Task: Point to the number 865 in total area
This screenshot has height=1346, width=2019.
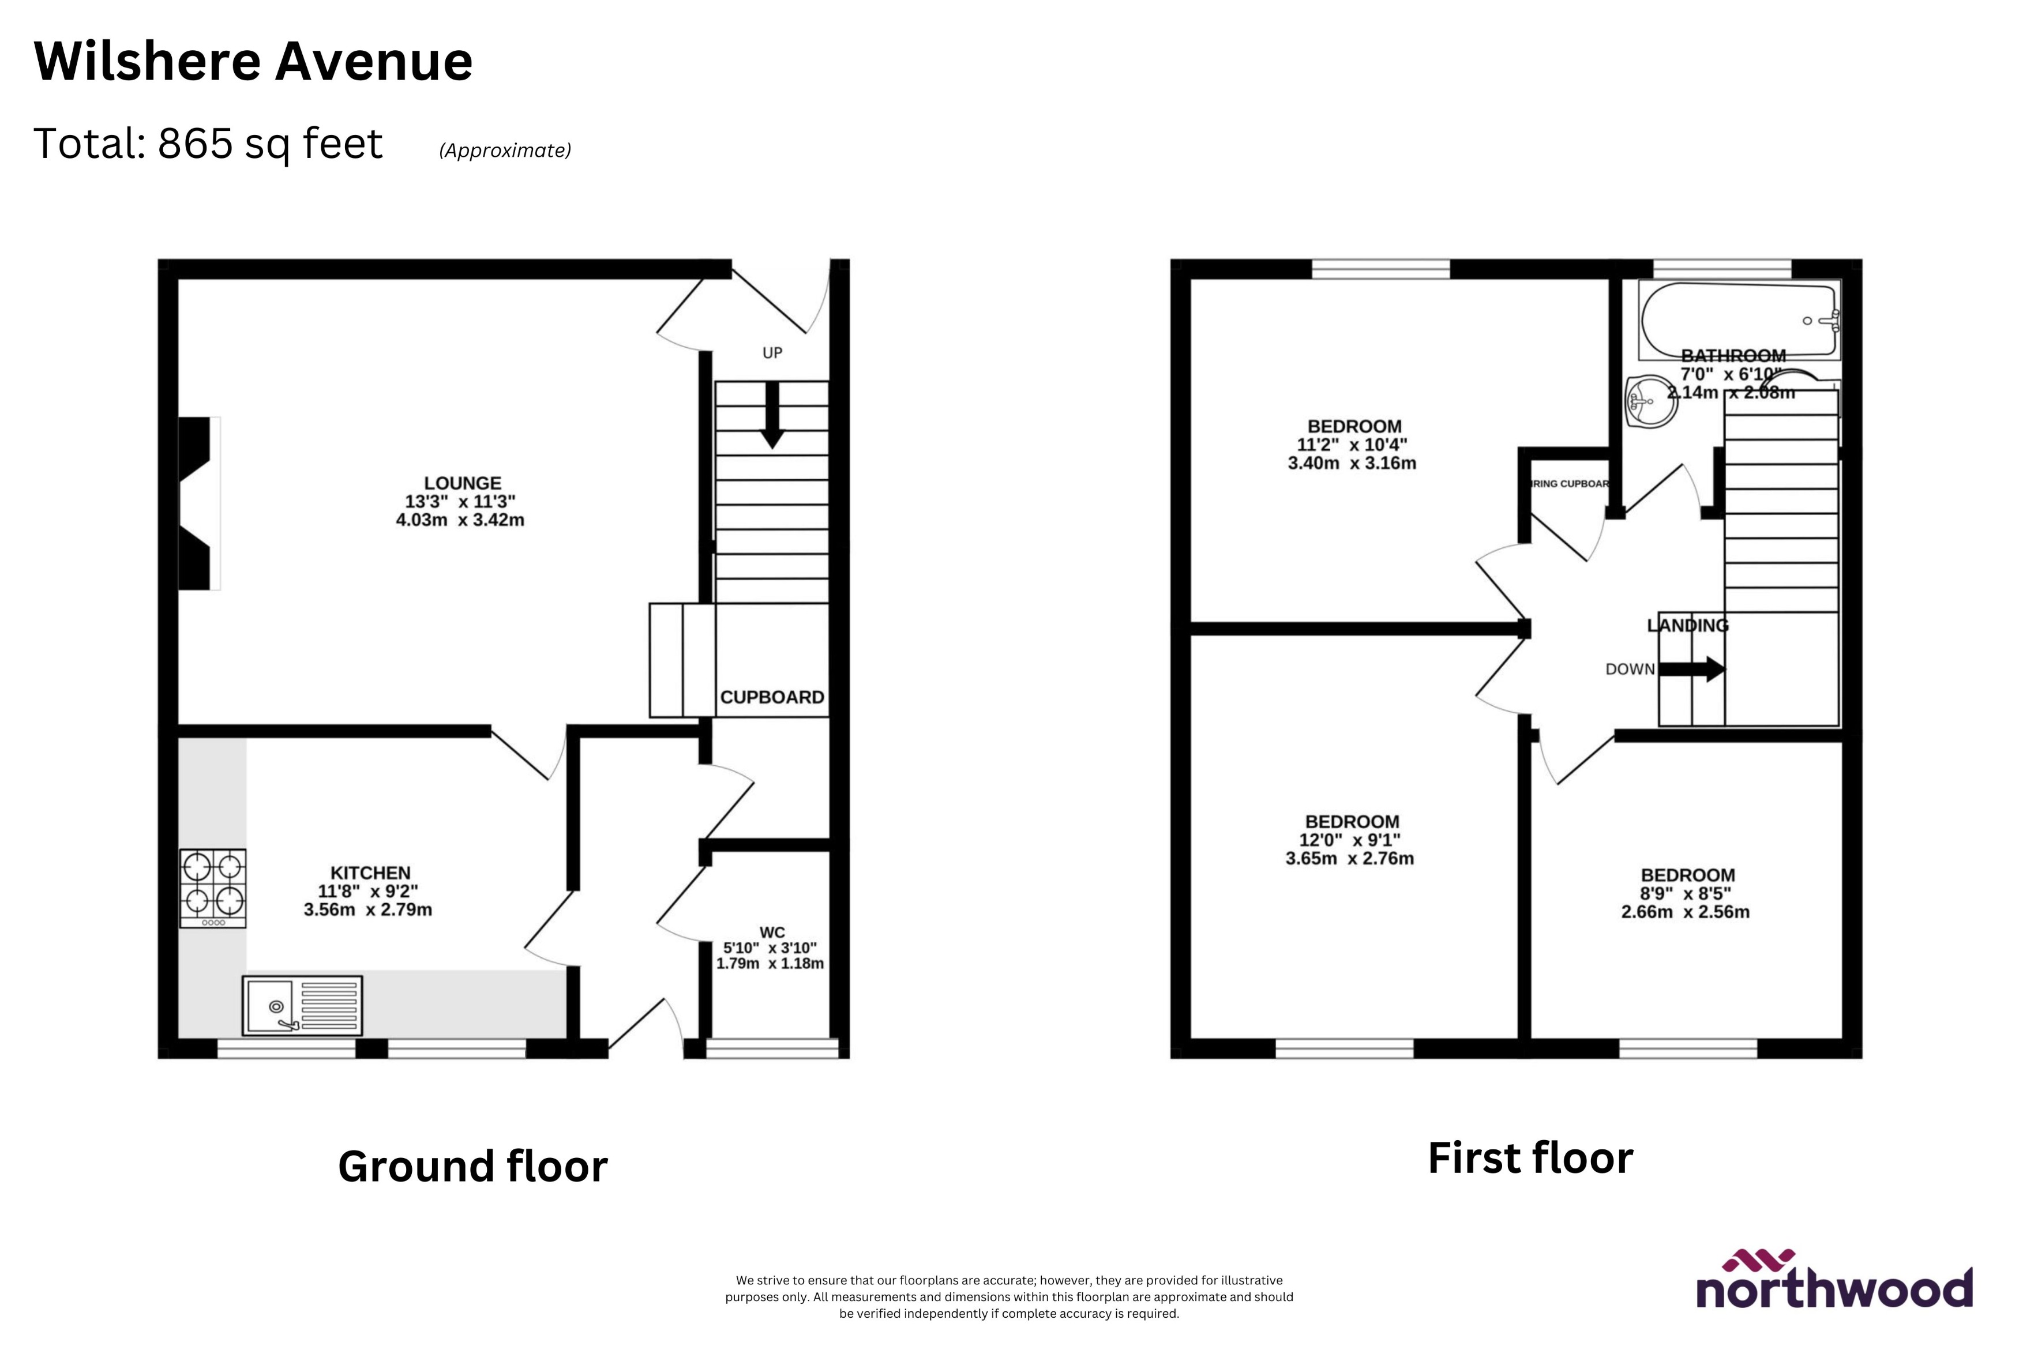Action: (x=195, y=144)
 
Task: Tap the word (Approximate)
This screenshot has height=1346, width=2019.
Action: (x=505, y=150)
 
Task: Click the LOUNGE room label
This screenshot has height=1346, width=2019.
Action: (x=462, y=483)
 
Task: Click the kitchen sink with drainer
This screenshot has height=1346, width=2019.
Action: (x=302, y=1005)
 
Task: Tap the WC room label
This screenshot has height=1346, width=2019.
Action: (x=772, y=933)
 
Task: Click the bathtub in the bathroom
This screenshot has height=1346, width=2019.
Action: (x=1737, y=319)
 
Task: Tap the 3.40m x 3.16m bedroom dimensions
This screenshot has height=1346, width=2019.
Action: (x=1352, y=464)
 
